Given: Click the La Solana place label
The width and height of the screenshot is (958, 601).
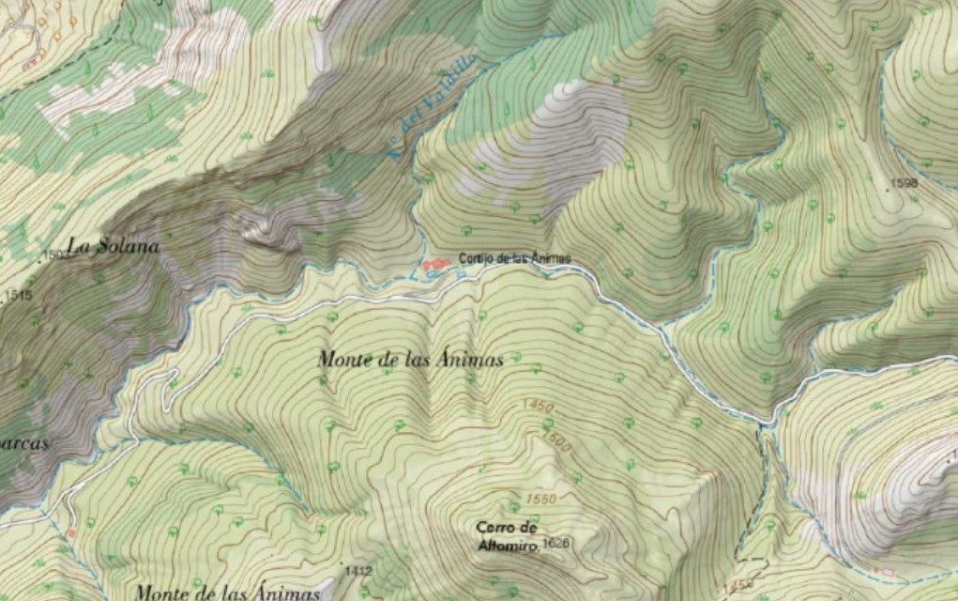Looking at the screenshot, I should (114, 247).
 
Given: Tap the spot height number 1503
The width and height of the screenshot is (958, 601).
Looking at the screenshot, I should (56, 255).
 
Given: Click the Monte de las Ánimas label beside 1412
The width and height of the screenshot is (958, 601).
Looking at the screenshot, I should (228, 592).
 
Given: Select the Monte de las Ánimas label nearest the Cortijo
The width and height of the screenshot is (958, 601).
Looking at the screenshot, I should (411, 359).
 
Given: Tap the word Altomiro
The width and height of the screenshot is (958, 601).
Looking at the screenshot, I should (505, 545).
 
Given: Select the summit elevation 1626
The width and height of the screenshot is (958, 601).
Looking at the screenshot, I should (555, 544).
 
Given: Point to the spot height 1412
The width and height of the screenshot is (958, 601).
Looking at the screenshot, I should (358, 571).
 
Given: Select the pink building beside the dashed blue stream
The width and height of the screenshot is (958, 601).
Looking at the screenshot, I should (882, 572).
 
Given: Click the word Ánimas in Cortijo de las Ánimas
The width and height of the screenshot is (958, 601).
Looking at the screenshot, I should (549, 258).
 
